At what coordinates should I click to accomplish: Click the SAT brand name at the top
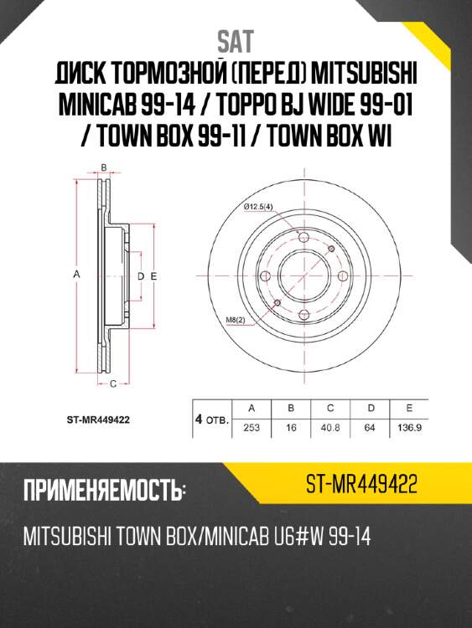coord(236,40)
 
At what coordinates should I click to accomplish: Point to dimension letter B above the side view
coord(103,167)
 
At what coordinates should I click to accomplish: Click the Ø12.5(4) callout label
coord(257,207)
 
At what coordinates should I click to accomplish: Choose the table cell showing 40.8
coord(329,428)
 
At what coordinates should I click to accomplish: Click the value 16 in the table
coord(290,428)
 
